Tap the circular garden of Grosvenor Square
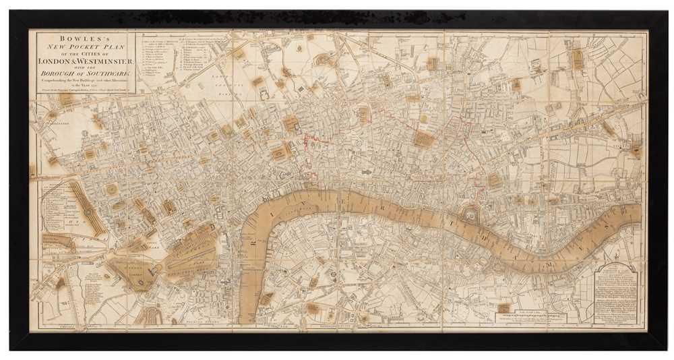tap(111, 191)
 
